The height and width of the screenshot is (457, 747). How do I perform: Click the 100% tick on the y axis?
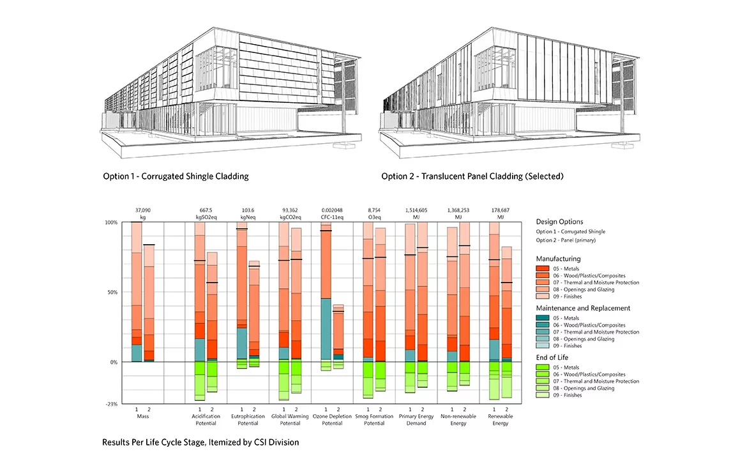point(111,222)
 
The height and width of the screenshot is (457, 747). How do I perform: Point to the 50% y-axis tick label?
point(112,292)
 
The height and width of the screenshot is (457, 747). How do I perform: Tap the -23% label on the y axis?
point(112,403)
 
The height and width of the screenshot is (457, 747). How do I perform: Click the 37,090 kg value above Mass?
point(143,213)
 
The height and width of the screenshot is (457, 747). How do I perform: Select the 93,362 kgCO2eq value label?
point(290,213)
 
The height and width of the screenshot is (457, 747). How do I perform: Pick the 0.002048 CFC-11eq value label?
point(332,213)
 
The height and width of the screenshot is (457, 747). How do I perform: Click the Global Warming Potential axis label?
point(290,419)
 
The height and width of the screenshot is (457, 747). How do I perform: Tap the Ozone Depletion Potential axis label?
point(332,419)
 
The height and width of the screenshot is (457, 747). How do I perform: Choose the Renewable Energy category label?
point(500,419)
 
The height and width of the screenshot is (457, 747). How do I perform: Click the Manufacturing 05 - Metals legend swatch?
point(543,268)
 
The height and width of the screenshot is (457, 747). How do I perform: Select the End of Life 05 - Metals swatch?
point(543,368)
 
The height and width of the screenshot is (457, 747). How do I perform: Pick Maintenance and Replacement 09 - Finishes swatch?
point(543,345)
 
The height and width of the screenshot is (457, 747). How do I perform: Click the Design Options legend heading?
point(559,221)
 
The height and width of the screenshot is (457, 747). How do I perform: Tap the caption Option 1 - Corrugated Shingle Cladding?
point(176,176)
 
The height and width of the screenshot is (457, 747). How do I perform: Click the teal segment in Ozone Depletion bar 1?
point(326,329)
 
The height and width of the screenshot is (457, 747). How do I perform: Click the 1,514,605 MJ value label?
point(416,213)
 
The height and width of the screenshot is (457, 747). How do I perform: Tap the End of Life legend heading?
point(552,357)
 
